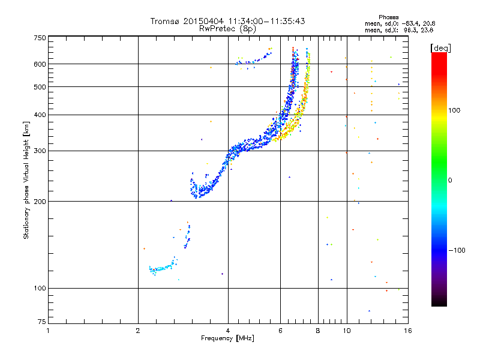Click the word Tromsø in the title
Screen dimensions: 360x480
(166, 21)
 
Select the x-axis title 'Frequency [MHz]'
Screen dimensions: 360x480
(227, 338)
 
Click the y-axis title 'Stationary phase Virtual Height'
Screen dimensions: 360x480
(26, 174)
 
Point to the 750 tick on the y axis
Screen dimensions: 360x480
(40, 37)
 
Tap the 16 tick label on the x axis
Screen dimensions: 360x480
(407, 331)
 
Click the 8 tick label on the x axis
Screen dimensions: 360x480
(318, 331)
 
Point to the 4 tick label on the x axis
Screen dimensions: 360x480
(228, 331)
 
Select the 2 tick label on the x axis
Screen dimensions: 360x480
(138, 331)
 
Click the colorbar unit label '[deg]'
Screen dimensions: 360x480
(441, 47)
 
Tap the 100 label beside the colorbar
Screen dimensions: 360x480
(454, 110)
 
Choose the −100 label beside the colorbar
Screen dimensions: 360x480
(456, 250)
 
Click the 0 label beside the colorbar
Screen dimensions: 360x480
(450, 180)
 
